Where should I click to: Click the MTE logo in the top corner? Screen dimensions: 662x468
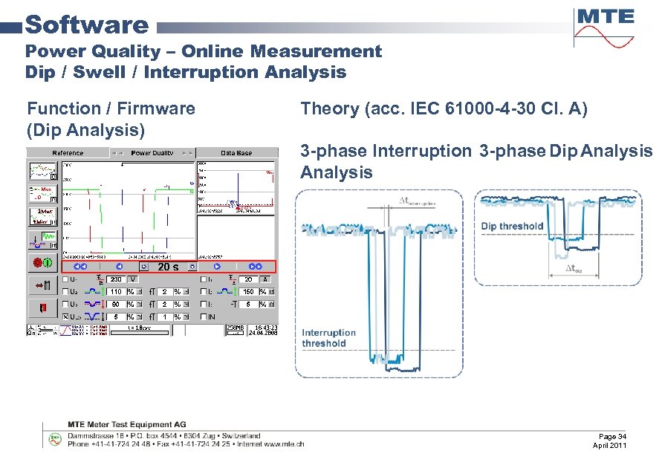[x=604, y=27]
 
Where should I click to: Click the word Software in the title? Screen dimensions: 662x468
[x=87, y=25]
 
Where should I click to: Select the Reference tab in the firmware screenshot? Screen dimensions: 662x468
[x=68, y=153]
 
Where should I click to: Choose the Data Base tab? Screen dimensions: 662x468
[x=236, y=153]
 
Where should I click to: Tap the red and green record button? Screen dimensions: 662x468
[x=42, y=262]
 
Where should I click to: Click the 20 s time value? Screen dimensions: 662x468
[x=169, y=267]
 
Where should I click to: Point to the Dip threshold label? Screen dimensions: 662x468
[x=512, y=226]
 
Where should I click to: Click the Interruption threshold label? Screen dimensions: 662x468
[x=328, y=338]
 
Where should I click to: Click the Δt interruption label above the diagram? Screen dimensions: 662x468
[x=417, y=201]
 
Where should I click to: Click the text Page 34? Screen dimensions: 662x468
[x=613, y=436]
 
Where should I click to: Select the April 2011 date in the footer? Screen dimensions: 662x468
[x=610, y=445]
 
